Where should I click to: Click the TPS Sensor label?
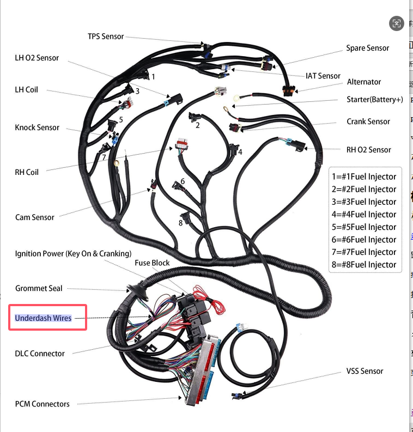pos(106,36)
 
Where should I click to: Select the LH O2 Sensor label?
pos(37,58)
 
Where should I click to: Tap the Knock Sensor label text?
pos(37,127)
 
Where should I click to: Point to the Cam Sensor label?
pos(35,217)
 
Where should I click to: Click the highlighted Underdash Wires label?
pos(43,318)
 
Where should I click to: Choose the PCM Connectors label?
pos(42,404)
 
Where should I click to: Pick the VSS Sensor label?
pos(365,371)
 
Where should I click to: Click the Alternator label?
pos(364,82)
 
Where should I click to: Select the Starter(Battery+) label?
pos(375,99)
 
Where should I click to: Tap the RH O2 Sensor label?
pos(369,149)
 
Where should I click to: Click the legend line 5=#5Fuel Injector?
pos(365,227)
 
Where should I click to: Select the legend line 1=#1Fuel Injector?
pos(365,177)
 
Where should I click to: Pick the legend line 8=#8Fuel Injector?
pos(365,265)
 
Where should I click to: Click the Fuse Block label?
pos(152,263)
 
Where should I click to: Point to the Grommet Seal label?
pos(39,288)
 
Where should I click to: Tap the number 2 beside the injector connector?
pos(197,125)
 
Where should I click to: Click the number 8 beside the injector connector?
pos(180,222)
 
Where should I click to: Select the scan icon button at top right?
pos(396,23)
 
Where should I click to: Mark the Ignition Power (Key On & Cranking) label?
pos(73,254)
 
